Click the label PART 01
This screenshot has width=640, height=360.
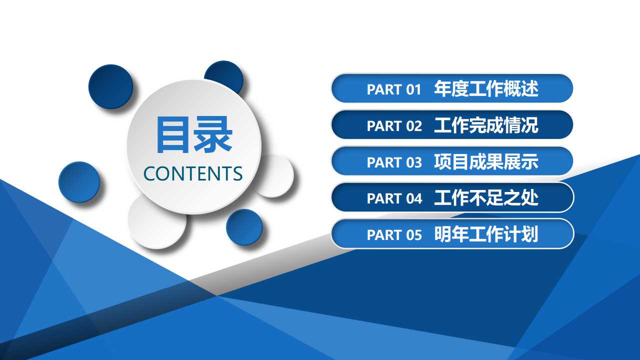pos(394,89)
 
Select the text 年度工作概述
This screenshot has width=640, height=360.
pos(486,89)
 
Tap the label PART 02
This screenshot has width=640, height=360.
pos(394,126)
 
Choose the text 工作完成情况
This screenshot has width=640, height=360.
pos(486,125)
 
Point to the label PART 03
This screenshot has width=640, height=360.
pos(394,162)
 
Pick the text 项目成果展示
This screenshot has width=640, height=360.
pos(486,162)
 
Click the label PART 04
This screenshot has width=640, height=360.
pos(394,198)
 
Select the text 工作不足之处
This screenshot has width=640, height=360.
pos(486,198)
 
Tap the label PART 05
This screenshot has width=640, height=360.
pos(394,235)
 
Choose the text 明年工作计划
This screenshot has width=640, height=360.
pos(486,234)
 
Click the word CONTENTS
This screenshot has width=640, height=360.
pos(193,173)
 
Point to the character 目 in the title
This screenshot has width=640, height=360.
pos(174,135)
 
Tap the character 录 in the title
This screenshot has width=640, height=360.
pos(213,135)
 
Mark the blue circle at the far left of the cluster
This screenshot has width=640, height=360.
pos(79,182)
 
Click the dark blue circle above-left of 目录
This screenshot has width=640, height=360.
pos(110,86)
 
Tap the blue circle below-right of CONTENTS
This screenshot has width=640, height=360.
pos(244,227)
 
